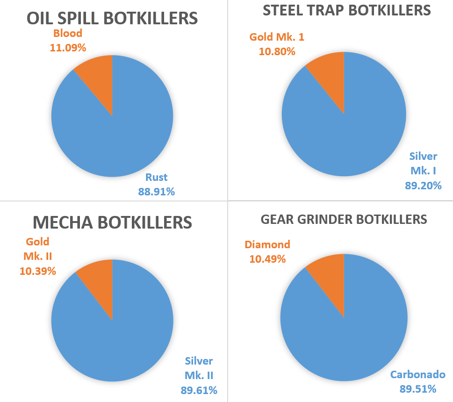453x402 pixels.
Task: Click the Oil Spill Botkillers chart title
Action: click(112, 18)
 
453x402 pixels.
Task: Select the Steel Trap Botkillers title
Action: click(346, 10)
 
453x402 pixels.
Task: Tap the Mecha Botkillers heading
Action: click(112, 223)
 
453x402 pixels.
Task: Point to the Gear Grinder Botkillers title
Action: click(344, 219)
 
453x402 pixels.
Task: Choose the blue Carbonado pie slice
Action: click(344, 337)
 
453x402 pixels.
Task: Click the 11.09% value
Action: click(68, 47)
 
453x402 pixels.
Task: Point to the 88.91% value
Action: click(156, 191)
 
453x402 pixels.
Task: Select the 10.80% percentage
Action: click(277, 51)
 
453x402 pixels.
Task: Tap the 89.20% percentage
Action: click(423, 185)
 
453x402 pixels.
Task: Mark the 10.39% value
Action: click(38, 271)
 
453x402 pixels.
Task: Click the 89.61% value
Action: click(199, 390)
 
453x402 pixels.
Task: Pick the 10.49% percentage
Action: click(267, 258)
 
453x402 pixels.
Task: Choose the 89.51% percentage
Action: click(418, 389)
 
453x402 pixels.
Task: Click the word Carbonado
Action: click(418, 374)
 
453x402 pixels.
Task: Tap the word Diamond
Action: click(267, 244)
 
